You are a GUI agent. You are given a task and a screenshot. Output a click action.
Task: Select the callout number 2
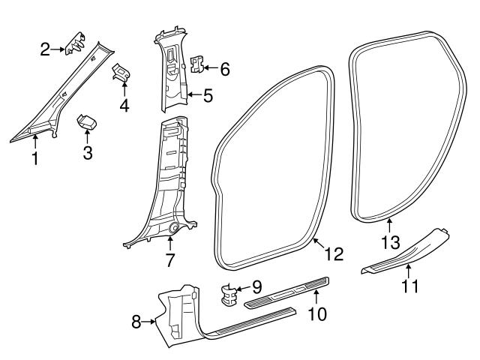click(46, 49)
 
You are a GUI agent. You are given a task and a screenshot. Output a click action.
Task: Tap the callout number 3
click(88, 154)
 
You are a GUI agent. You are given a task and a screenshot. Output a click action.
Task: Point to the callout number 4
click(124, 106)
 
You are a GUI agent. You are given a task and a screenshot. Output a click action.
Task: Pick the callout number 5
click(208, 95)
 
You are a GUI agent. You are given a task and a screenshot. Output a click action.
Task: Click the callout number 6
click(224, 69)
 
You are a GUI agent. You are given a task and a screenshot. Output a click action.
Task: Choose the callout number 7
click(170, 260)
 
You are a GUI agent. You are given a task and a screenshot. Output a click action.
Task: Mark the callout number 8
click(136, 322)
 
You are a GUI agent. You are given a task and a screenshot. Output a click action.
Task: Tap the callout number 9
click(256, 286)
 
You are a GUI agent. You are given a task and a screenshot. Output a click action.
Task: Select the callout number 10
click(317, 314)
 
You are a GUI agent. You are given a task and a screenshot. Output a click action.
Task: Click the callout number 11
click(409, 285)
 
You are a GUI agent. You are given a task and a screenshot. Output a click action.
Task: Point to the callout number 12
click(334, 253)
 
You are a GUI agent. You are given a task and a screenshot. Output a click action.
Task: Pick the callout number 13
click(389, 241)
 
